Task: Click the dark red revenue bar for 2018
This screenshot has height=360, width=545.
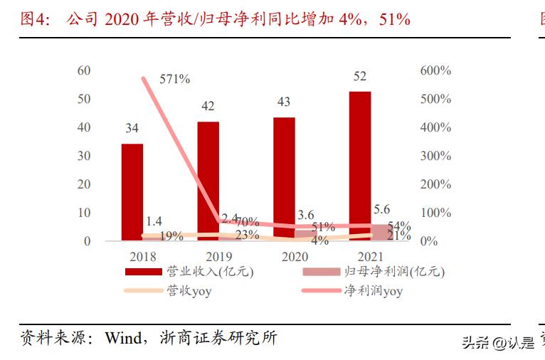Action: (x=132, y=192)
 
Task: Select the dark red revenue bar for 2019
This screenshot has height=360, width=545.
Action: (x=208, y=181)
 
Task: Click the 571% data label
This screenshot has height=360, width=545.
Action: (x=174, y=79)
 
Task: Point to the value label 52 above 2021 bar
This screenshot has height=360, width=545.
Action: (x=360, y=77)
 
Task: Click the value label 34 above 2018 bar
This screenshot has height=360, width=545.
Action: (x=132, y=129)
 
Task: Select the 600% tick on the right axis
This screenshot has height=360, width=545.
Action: (x=435, y=70)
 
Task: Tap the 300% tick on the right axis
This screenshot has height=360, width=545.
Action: (x=435, y=156)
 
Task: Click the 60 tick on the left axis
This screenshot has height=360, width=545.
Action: (x=84, y=70)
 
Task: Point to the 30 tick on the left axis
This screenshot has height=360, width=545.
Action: (x=84, y=156)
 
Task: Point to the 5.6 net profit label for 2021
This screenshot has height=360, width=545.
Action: (x=382, y=208)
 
